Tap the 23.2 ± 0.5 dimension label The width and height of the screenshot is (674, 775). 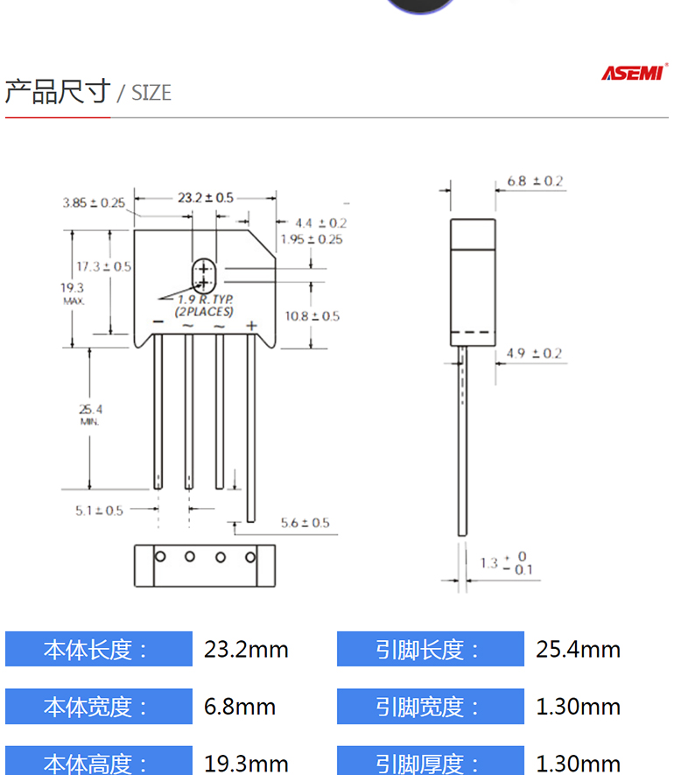(x=206, y=198)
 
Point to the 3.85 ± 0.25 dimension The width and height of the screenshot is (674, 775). (x=94, y=202)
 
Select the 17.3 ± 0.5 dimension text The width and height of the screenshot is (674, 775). (x=104, y=266)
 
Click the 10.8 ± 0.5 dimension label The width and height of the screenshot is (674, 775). (x=312, y=316)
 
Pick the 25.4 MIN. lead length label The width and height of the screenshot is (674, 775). (x=90, y=414)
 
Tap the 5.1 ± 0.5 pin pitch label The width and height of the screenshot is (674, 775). (x=99, y=511)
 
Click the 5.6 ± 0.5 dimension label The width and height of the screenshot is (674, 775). (x=305, y=523)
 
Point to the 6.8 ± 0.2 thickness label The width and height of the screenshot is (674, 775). (x=535, y=181)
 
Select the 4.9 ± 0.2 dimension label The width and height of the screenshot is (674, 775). (x=534, y=354)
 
